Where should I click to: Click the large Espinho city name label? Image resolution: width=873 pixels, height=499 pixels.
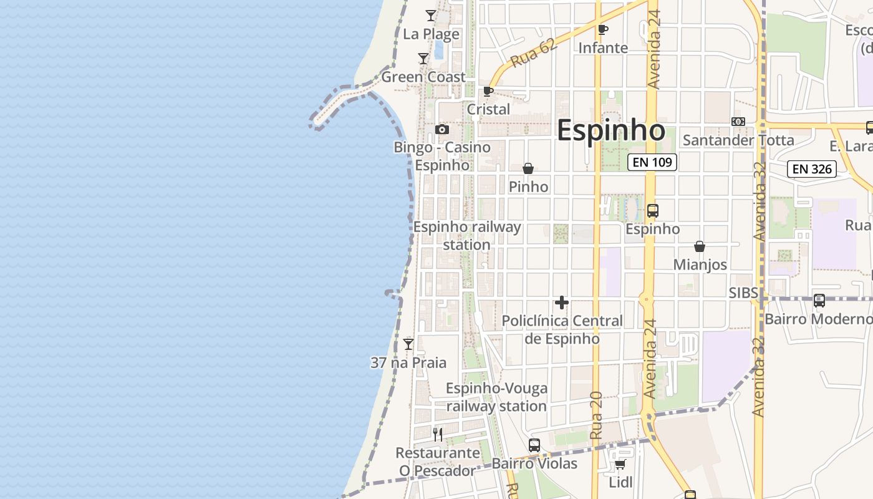click(610, 130)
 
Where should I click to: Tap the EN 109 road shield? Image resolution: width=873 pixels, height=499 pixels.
click(652, 163)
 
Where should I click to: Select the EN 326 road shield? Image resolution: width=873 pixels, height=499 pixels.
click(811, 168)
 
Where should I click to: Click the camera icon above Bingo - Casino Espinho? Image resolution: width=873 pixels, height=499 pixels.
click(442, 130)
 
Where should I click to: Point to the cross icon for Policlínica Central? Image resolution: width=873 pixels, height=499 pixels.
click(562, 303)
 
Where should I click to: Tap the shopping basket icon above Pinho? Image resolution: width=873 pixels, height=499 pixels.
click(528, 168)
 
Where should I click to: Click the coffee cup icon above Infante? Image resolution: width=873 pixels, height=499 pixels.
click(602, 29)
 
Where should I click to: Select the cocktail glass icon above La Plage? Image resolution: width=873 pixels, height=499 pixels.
click(431, 16)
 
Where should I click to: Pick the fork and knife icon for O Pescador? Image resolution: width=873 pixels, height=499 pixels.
click(438, 434)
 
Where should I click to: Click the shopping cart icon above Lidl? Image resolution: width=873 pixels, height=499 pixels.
click(620, 464)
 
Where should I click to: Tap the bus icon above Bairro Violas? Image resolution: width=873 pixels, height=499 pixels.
click(534, 445)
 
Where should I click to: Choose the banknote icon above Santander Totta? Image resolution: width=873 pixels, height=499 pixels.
click(738, 122)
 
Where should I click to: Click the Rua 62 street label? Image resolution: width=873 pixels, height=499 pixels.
click(533, 54)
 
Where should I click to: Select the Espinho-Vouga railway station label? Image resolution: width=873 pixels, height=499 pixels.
click(496, 397)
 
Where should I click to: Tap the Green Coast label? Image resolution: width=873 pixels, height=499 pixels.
click(423, 77)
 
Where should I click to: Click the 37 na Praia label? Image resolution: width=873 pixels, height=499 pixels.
click(408, 362)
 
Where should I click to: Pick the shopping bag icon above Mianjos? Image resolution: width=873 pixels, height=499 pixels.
click(700, 246)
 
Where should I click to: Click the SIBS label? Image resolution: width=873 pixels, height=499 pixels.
click(743, 293)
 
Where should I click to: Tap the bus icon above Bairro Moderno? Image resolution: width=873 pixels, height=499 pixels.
click(819, 301)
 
